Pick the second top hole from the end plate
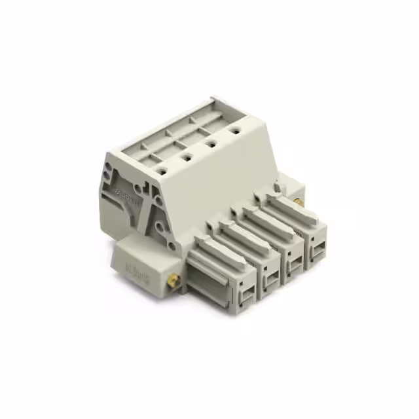coord(187,156)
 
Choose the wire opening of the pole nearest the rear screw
coord(317,249)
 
